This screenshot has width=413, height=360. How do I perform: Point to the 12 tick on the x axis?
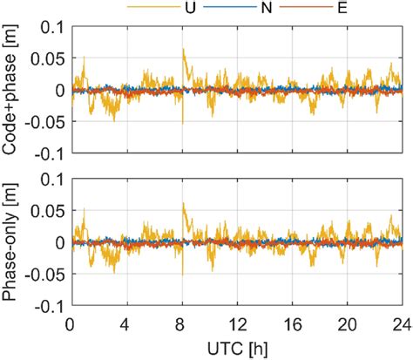point(236,322)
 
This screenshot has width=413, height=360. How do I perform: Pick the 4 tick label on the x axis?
point(126,322)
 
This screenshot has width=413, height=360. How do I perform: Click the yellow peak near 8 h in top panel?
point(183,50)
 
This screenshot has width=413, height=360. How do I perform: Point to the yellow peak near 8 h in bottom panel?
point(183,204)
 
